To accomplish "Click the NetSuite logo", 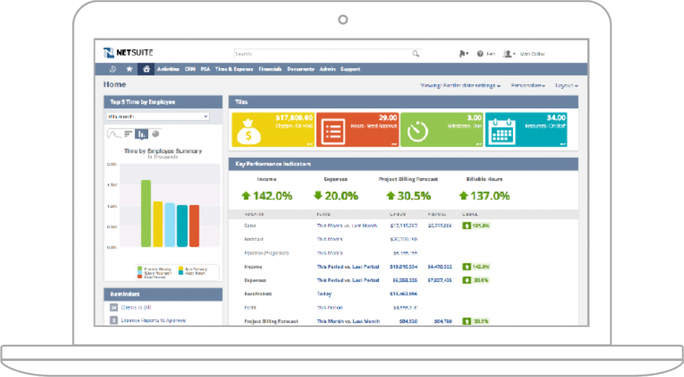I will tap(128, 53).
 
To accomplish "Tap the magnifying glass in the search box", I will tap(416, 53).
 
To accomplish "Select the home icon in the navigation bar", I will tap(146, 69).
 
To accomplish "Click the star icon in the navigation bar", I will tap(130, 69).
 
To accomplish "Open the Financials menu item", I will tap(270, 69).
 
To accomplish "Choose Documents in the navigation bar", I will tap(301, 69).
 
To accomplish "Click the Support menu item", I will tap(350, 69).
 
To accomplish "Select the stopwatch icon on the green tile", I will tap(418, 131).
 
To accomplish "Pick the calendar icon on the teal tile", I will tap(500, 131).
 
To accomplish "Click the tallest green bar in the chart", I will tap(146, 213).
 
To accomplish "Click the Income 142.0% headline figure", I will tap(267, 196).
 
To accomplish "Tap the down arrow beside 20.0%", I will tap(319, 196).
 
